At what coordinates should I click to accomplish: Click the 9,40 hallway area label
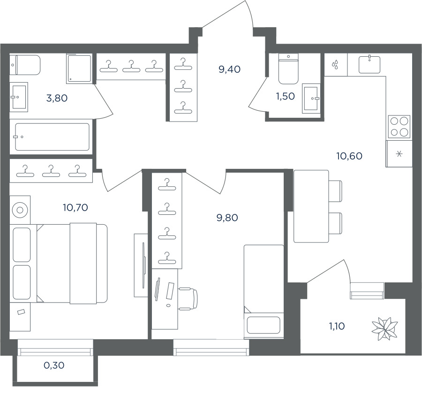tap(230, 69)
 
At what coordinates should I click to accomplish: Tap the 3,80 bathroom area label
tap(57, 98)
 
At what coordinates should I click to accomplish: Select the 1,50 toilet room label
tap(285, 96)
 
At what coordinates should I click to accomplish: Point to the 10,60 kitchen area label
tap(349, 156)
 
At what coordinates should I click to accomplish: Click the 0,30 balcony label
tap(54, 365)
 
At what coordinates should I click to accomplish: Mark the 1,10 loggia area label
tap(337, 326)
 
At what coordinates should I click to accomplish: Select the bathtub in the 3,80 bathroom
tap(52, 137)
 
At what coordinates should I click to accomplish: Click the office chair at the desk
tap(188, 298)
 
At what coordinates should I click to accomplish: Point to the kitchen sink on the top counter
tap(369, 64)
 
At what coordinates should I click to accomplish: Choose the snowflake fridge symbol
tap(399, 154)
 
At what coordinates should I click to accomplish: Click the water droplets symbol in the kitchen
tap(335, 64)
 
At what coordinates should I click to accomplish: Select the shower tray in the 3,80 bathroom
tap(79, 68)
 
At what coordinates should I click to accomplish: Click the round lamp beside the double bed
tap(20, 210)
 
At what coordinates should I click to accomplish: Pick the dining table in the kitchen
tap(311, 206)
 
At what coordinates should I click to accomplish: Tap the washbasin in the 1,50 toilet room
tap(311, 98)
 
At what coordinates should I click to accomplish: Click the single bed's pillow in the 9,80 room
tap(264, 326)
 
